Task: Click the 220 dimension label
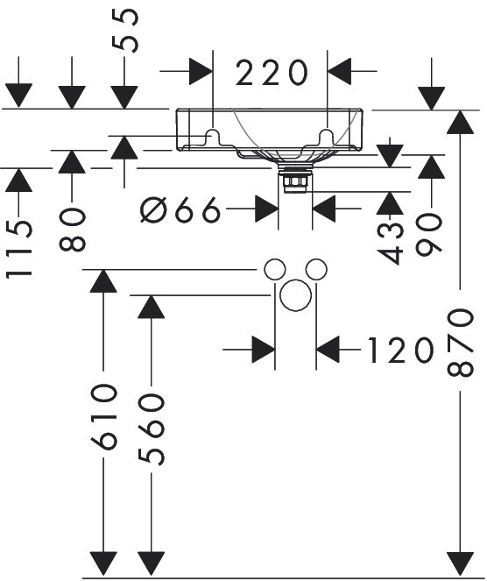point(272,72)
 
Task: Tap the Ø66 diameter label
point(180,209)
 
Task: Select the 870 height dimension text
point(461,344)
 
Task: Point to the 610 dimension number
point(103,417)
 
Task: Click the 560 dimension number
point(152,429)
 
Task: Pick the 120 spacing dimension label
point(400,350)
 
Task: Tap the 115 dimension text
point(18,249)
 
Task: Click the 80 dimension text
point(72,230)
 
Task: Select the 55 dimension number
point(124,31)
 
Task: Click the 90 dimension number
point(429,234)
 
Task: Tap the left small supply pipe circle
point(275,269)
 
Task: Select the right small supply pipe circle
point(316,269)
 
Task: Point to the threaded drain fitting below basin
point(295,180)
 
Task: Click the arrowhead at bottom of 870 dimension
point(461,564)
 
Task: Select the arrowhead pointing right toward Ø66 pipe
point(266,209)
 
